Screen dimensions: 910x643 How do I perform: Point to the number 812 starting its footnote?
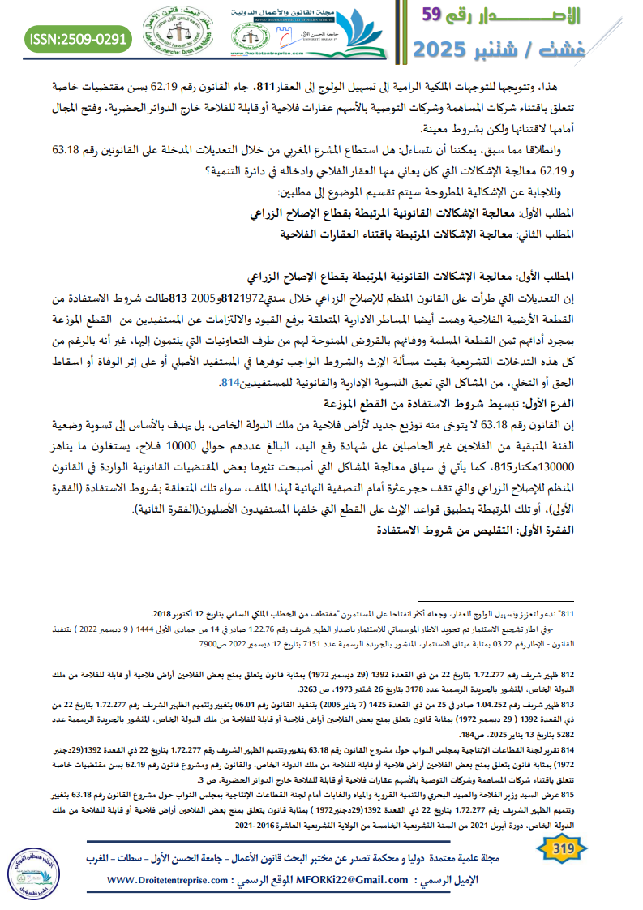(x=567, y=674)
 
